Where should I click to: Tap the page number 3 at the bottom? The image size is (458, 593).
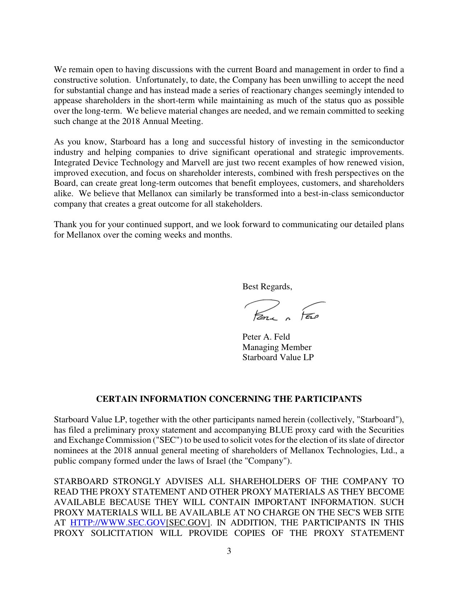pyautogui.click(x=229, y=551)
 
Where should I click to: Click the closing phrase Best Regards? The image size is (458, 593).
pyautogui.click(x=267, y=286)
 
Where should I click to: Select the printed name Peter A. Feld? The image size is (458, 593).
pyautogui.click(x=266, y=337)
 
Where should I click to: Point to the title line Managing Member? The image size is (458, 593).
pyautogui.click(x=277, y=347)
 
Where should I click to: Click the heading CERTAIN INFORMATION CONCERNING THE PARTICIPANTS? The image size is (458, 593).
pyautogui.click(x=229, y=399)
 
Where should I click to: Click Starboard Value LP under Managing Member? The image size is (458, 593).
pyautogui.click(x=278, y=357)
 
